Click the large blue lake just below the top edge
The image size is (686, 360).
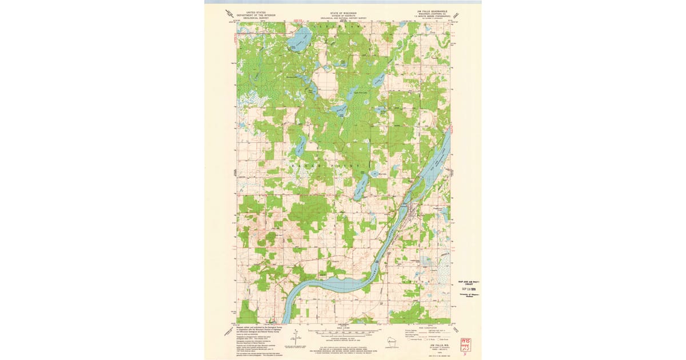point(298,41)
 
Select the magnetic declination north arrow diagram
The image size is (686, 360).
point(296,337)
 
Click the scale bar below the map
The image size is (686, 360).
point(344,331)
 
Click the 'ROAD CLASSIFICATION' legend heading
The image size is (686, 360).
point(426,327)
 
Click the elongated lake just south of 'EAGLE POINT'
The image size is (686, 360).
point(361,187)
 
